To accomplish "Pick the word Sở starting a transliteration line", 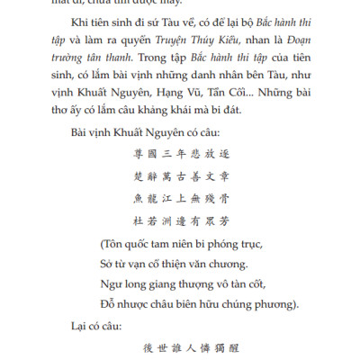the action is [108, 263].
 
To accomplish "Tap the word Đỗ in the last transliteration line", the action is [109, 303].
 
